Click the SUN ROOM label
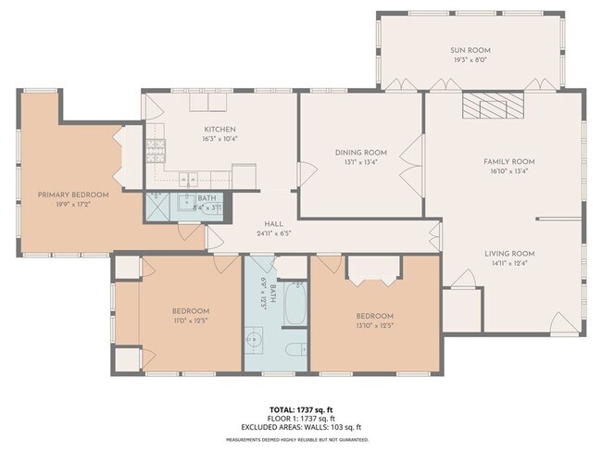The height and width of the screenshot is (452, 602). click(471, 50)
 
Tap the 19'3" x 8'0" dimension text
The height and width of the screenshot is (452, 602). click(471, 60)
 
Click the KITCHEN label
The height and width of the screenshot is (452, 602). click(219, 130)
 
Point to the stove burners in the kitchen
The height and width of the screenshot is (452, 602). click(154, 146)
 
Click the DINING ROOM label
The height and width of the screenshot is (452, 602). click(361, 153)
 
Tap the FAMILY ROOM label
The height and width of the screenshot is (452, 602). click(508, 161)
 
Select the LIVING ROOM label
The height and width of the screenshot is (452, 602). click(508, 253)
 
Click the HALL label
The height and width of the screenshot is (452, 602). click(273, 223)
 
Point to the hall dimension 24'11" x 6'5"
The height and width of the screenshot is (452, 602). click(273, 233)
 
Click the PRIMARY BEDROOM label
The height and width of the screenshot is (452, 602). click(73, 195)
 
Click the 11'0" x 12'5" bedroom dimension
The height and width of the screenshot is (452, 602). click(190, 321)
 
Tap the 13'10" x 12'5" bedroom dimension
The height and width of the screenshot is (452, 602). click(375, 326)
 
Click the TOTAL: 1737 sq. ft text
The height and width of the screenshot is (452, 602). click(300, 409)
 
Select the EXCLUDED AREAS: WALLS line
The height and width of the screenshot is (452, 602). click(300, 427)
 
